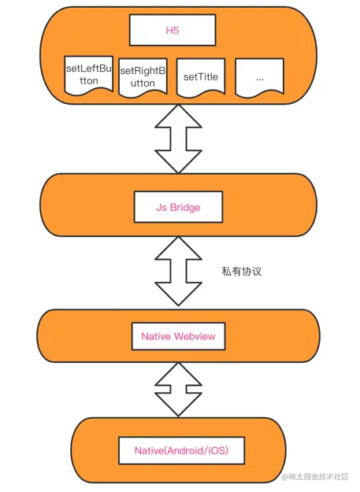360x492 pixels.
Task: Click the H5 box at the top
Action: (173, 30)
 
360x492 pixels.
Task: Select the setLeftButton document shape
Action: (89, 76)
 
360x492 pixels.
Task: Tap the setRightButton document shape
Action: (143, 77)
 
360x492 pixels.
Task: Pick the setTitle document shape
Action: (201, 77)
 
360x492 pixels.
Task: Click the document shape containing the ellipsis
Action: (260, 77)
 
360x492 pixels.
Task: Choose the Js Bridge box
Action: (178, 207)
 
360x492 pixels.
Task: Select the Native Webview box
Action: (178, 336)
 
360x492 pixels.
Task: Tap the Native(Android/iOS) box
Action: (181, 450)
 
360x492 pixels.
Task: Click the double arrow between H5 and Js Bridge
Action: (178, 139)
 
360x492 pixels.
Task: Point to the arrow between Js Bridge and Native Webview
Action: (178, 272)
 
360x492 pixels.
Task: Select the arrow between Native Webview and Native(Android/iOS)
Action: (178, 390)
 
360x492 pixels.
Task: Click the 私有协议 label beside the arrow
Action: (242, 271)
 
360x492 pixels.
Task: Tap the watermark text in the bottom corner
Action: (315, 476)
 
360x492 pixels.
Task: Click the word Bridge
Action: (185, 207)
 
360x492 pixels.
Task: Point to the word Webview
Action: (195, 336)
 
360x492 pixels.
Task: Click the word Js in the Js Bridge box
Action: (161, 207)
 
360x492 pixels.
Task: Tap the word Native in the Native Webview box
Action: (156, 336)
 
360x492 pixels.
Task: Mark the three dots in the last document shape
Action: (260, 79)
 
